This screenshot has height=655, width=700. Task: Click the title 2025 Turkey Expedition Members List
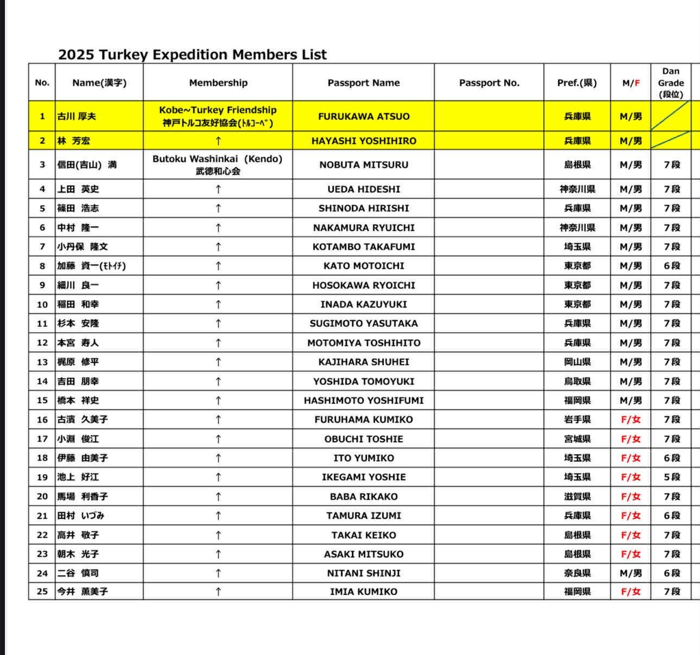pos(192,54)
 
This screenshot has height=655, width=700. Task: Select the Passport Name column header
pos(364,83)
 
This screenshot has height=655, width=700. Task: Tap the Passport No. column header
pos(489,83)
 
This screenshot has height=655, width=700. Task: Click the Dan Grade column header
pos(671,83)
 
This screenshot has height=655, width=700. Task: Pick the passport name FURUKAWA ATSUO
pos(364,116)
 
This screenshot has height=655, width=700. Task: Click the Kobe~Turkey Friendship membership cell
pos(218,116)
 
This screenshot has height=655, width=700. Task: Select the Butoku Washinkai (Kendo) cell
pos(218,165)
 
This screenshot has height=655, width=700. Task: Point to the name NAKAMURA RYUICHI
pos(364,228)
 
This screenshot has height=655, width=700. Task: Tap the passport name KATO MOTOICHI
pos(364,266)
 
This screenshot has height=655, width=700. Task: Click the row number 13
pos(42,362)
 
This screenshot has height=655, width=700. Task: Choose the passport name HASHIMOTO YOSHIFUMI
pos(364,400)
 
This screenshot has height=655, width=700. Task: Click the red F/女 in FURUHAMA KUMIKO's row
pos(631,419)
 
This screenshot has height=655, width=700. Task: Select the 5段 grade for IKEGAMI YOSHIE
pos(672,477)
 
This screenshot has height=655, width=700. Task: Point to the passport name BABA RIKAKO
pos(364,496)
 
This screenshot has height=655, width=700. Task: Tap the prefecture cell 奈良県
pos(577,573)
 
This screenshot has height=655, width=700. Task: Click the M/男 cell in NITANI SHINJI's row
pos(631,573)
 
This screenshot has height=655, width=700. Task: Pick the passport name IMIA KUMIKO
pos(364,591)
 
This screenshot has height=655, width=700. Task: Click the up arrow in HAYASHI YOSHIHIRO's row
pos(218,141)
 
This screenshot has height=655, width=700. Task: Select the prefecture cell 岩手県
pos(577,419)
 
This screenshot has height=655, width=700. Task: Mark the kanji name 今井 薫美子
pos(82,591)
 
